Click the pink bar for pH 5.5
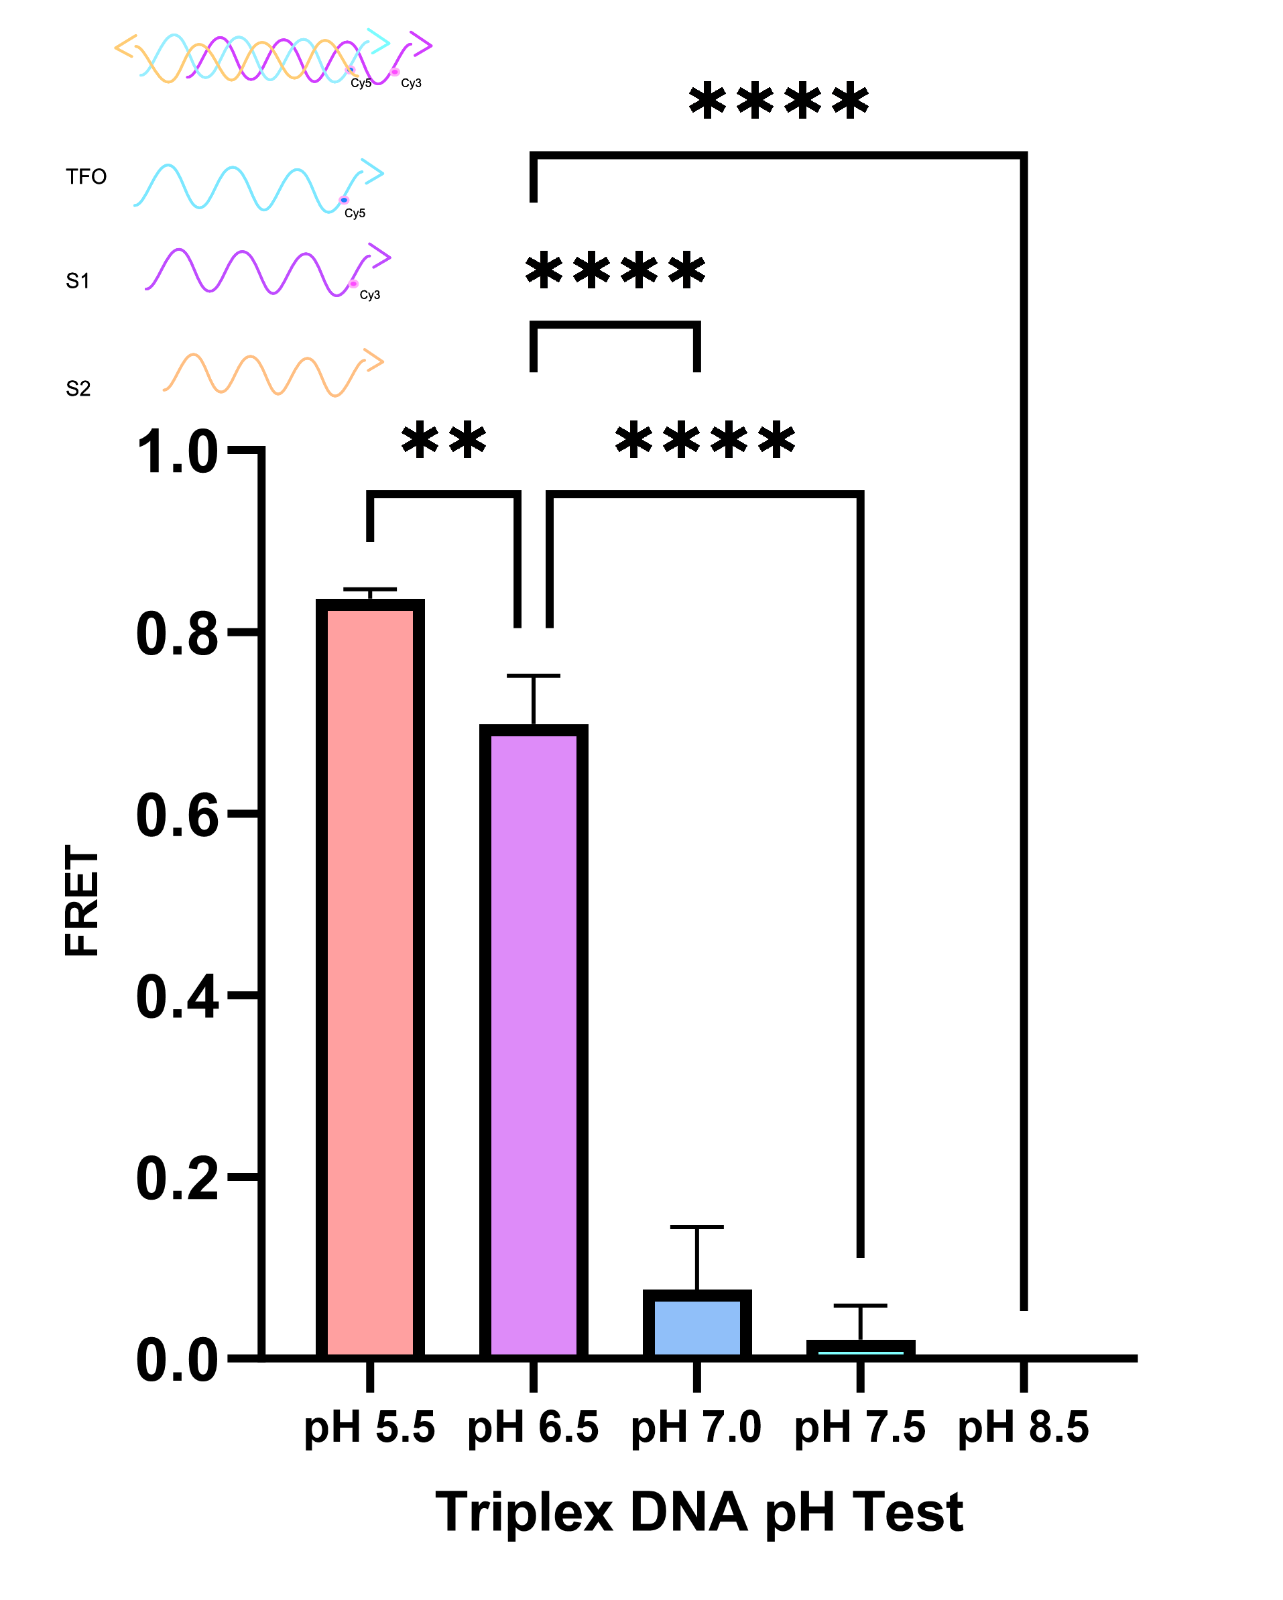coord(369,980)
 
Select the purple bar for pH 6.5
coord(533,1039)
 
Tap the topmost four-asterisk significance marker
coord(778,102)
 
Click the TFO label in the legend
coord(86,176)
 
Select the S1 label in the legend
coord(78,280)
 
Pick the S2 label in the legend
coord(78,388)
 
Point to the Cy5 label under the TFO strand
coord(355,214)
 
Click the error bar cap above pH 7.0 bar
coord(696,1226)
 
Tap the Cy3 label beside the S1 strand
coord(369,295)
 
